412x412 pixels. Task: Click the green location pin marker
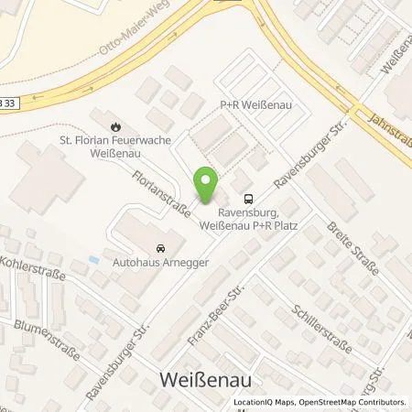[208, 186]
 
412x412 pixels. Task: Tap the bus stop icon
[247, 199]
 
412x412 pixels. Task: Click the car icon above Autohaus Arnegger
[161, 248]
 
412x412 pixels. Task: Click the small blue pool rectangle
[95, 261]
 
